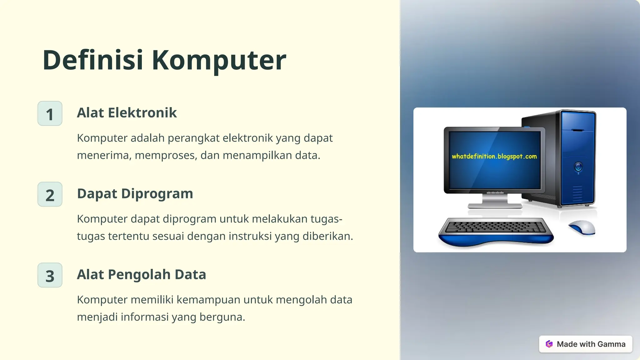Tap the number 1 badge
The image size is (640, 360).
point(50,114)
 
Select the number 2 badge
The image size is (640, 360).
point(50,195)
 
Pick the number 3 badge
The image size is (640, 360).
point(50,275)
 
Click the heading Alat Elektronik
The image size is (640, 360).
point(127,113)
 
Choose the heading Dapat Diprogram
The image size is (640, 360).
point(135,194)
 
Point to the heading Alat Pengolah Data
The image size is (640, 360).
point(141,275)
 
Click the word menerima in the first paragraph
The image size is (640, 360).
point(103,155)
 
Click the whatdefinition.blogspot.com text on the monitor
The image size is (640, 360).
point(494,156)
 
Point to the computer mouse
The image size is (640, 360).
point(582,227)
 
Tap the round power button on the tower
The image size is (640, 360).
point(578,167)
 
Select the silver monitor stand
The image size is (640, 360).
point(495,202)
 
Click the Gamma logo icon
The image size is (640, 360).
point(549,344)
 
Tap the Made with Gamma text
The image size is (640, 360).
point(591,344)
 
